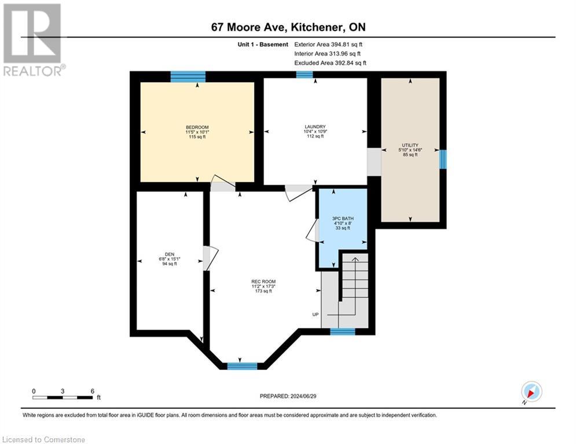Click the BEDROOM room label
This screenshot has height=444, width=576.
(x=197, y=127)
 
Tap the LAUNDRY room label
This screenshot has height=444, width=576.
(x=315, y=127)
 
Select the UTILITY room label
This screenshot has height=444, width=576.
(x=410, y=146)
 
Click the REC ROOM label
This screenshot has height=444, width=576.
(x=263, y=282)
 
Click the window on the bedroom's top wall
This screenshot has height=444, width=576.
(x=188, y=76)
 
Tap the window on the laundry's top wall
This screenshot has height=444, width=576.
(x=304, y=74)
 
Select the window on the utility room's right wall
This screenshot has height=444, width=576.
(x=443, y=159)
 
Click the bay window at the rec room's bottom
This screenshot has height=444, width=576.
(x=242, y=365)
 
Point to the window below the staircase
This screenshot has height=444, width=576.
(x=342, y=331)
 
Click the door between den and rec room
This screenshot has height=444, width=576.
(x=210, y=258)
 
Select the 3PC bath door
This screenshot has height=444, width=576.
(x=313, y=231)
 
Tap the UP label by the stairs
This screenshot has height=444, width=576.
(x=315, y=314)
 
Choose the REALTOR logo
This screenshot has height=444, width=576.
(x=32, y=40)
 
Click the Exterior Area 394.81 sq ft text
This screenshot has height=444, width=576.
(x=329, y=44)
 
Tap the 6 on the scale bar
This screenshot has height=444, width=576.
(x=92, y=391)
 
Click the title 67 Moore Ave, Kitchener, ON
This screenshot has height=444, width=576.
(x=288, y=27)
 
